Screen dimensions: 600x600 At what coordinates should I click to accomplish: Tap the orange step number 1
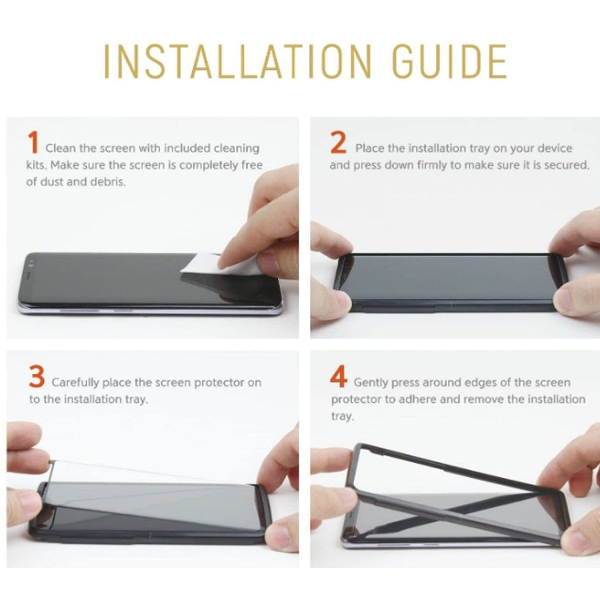[33, 143]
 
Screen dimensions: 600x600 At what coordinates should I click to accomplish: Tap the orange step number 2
[338, 143]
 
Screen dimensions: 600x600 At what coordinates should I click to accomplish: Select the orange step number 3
[37, 378]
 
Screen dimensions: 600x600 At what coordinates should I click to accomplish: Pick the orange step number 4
[339, 378]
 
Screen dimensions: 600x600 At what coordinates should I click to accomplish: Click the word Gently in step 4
[370, 383]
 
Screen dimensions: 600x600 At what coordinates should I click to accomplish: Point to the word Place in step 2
[367, 148]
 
